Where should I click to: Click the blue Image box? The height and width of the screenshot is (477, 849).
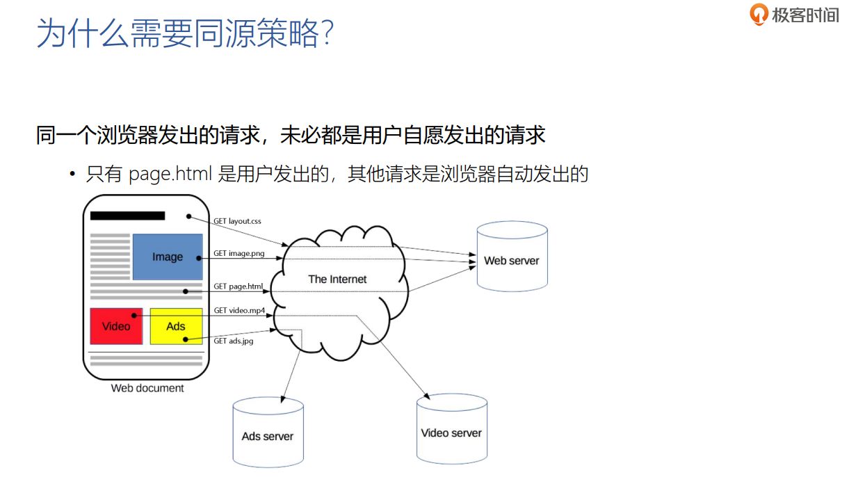[167, 257]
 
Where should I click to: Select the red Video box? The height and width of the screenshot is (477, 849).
[116, 326]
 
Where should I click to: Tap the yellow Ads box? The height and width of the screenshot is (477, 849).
[176, 326]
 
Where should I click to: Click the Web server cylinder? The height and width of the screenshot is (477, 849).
[512, 258]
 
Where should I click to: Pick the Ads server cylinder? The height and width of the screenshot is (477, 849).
[268, 432]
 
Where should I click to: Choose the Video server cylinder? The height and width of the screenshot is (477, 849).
[451, 429]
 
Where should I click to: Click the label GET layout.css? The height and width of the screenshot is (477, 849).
[237, 221]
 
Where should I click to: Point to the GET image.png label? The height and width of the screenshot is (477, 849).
[238, 253]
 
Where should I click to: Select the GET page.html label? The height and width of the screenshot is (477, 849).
[238, 286]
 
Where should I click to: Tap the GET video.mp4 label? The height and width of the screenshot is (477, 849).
[239, 310]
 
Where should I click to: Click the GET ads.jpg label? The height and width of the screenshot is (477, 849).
[233, 341]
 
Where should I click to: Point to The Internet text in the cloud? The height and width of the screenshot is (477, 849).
[337, 279]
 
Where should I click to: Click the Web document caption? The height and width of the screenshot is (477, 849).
[147, 388]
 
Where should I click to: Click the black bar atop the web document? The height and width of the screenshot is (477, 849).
[127, 216]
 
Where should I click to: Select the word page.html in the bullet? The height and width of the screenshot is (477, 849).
[170, 174]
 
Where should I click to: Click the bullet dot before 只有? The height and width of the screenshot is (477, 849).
[72, 174]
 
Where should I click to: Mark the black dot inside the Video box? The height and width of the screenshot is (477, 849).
[134, 314]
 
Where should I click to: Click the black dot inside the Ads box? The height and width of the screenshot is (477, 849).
[185, 339]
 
